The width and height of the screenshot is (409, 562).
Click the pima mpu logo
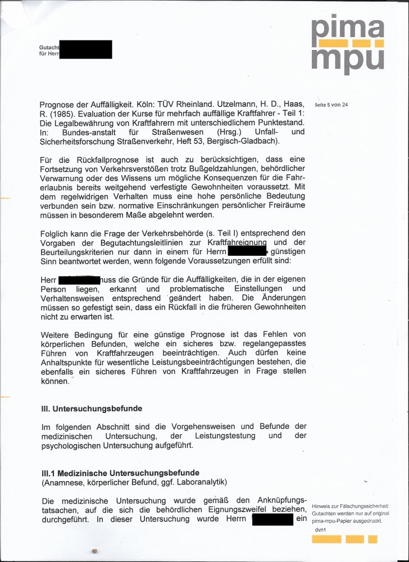(348, 45)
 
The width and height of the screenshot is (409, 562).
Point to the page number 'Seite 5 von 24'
(331, 105)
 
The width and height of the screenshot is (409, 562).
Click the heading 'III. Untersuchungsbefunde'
(92, 408)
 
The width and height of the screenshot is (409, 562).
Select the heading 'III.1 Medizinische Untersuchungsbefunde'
(120, 473)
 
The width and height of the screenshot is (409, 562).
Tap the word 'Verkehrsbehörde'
(161, 233)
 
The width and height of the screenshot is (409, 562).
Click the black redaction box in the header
(85, 49)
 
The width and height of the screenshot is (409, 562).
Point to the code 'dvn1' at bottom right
(321, 529)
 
